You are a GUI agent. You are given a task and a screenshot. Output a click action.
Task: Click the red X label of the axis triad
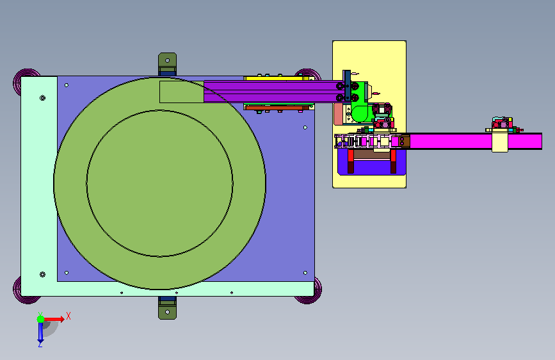click(x=68, y=316)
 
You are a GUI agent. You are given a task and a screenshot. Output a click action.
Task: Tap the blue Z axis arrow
click(x=40, y=332)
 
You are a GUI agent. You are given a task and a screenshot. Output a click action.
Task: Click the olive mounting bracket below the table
click(x=168, y=308)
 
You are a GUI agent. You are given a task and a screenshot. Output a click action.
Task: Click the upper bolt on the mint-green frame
click(x=42, y=98)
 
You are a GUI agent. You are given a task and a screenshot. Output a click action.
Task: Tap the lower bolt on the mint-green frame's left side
click(x=42, y=274)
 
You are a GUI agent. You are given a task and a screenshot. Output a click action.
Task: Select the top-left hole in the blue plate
click(x=67, y=85)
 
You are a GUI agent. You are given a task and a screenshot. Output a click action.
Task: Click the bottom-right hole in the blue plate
click(x=305, y=273)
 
